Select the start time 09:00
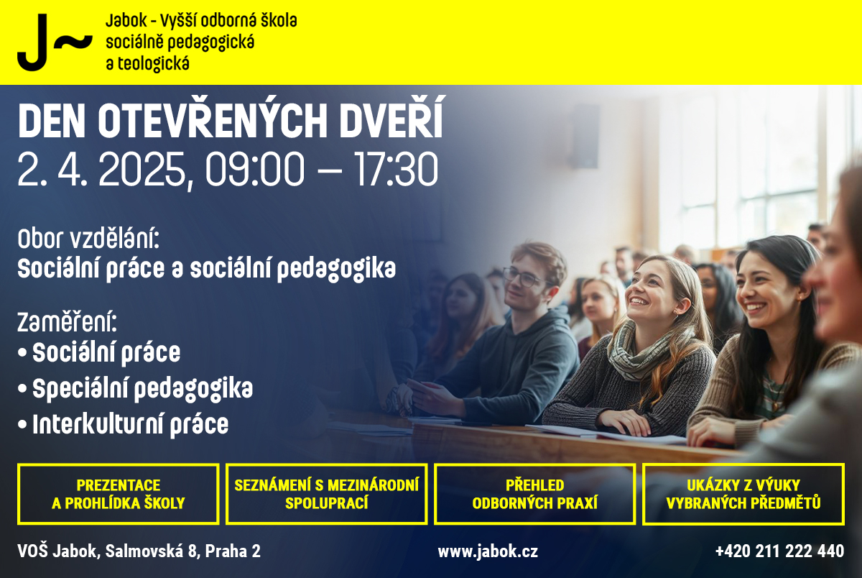(x=255, y=169)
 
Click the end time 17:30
(x=397, y=169)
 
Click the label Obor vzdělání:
(x=88, y=239)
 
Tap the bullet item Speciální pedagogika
(x=142, y=389)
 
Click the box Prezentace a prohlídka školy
(x=118, y=494)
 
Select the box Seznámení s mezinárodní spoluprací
(x=326, y=494)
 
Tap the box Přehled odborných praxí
(x=535, y=494)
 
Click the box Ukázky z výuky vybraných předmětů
(x=743, y=494)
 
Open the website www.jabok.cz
(x=488, y=551)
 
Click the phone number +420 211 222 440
(x=779, y=551)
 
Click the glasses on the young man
(x=524, y=277)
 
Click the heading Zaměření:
(x=67, y=322)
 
